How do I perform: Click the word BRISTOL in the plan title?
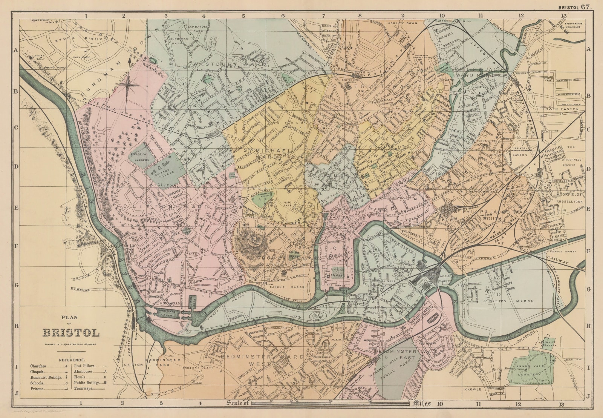click(x=71, y=333)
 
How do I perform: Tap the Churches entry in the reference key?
click(x=39, y=366)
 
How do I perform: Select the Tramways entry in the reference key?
click(x=83, y=388)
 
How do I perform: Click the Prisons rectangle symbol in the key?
click(x=66, y=389)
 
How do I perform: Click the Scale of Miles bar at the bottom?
click(x=330, y=404)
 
